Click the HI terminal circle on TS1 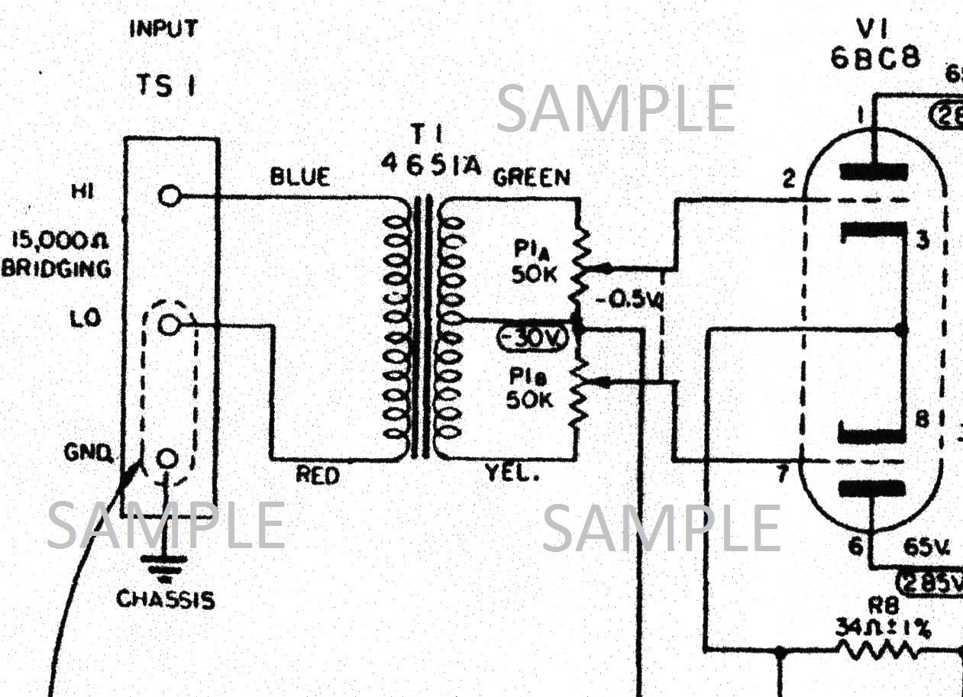170,196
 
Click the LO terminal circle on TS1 170,325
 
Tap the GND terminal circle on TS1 168,458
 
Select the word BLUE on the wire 300,177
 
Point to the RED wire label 318,476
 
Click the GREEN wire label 532,178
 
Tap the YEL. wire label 512,474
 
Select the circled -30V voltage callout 532,337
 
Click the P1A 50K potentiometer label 536,264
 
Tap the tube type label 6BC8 875,59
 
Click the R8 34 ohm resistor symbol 878,651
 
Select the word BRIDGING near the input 56,269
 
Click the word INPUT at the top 163,30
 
